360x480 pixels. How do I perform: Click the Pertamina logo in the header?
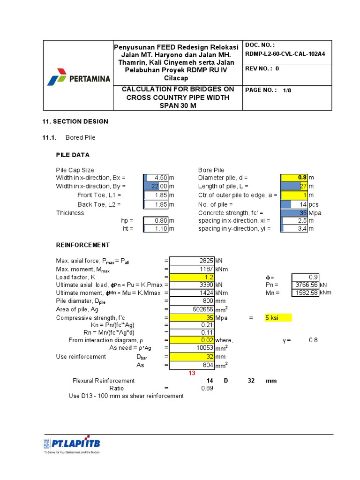[78, 77]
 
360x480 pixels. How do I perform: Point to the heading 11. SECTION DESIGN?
[75, 121]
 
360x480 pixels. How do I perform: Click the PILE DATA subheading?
[73, 155]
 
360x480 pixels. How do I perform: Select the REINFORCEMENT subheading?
[83, 245]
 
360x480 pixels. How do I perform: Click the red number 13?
[191, 373]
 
